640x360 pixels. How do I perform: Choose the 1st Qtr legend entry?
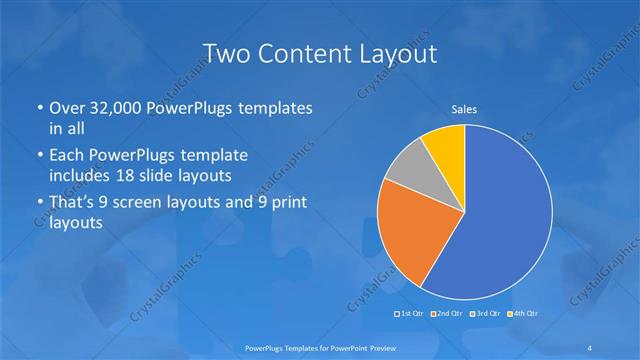pos(411,314)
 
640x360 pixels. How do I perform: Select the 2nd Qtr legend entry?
pos(447,314)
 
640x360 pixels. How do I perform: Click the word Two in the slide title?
pos(225,52)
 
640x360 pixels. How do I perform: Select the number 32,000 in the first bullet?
pos(109,108)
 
